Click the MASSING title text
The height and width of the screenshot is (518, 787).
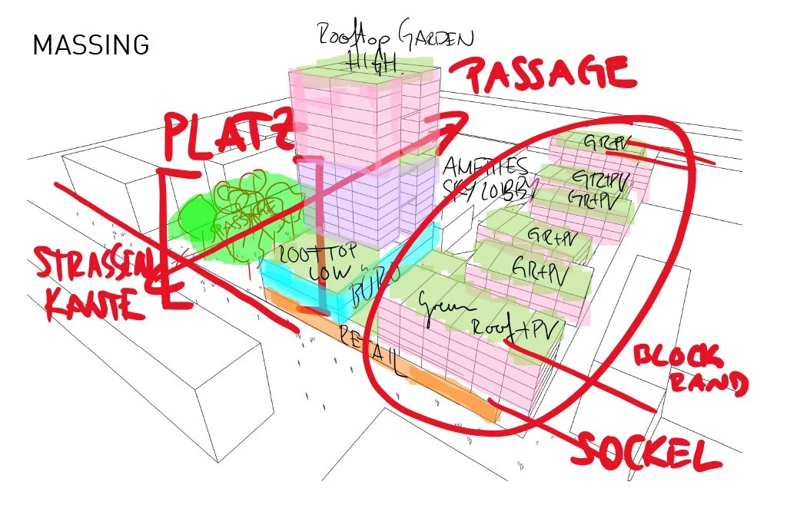pyautogui.click(x=90, y=46)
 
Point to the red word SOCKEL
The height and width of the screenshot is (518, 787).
pyautogui.click(x=646, y=451)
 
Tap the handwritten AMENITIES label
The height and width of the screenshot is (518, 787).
pyautogui.click(x=486, y=167)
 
